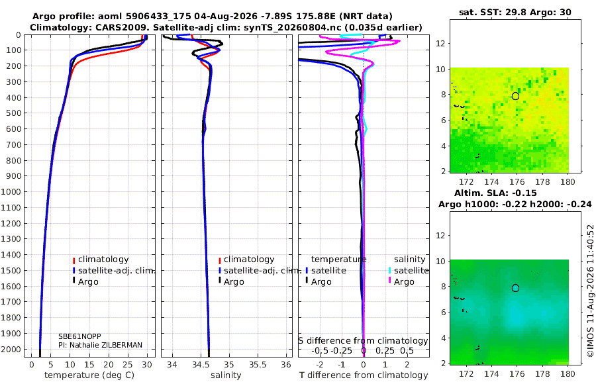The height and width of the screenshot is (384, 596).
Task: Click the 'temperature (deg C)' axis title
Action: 89,375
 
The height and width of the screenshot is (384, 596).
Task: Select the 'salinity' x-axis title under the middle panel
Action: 226,375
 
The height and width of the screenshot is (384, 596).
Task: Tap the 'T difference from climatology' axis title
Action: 364,375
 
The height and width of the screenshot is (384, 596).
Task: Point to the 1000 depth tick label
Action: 11,191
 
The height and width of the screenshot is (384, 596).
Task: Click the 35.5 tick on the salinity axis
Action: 258,365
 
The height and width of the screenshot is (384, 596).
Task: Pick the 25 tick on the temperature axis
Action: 128,365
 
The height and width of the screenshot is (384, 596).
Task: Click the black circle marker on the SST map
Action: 515,96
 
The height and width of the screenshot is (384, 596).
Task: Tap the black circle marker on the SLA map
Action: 515,288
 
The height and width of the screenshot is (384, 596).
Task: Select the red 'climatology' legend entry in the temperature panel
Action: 101,260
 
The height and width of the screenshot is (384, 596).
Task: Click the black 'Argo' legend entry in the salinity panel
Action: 232,282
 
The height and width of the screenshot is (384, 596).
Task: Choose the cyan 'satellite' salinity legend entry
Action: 408,271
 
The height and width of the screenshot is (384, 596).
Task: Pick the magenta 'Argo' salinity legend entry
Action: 401,282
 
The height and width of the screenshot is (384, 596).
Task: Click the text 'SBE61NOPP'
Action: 80,336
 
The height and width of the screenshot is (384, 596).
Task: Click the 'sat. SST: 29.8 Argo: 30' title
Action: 515,12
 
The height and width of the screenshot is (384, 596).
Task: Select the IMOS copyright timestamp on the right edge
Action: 590,291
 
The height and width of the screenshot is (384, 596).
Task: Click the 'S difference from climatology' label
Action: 363,341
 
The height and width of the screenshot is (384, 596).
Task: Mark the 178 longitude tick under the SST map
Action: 542,182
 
